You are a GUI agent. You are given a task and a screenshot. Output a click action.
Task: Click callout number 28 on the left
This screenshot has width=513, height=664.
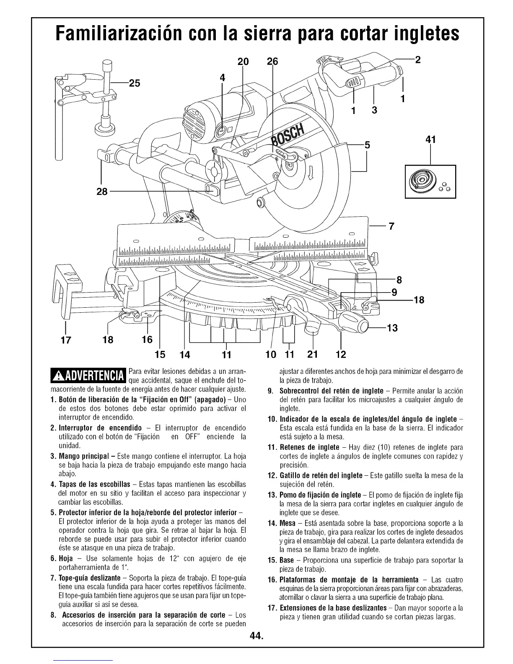point(103,192)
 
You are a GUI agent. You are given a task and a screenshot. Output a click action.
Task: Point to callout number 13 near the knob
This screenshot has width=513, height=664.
point(392,327)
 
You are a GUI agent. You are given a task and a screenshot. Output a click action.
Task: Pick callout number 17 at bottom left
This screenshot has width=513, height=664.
point(65,339)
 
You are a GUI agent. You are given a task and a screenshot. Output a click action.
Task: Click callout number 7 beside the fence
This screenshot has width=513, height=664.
point(391,227)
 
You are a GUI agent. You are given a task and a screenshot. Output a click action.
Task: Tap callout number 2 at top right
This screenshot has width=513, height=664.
point(417,59)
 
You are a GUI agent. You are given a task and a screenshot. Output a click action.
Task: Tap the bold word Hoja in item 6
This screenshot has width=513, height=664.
point(67,559)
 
